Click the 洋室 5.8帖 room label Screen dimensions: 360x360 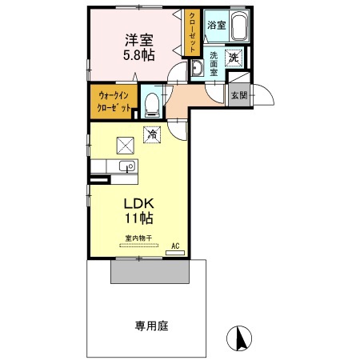139,47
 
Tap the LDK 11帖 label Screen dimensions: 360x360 139,211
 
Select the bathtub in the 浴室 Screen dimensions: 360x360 239,26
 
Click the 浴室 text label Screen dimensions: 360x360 217,26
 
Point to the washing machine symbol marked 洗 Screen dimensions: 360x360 234,58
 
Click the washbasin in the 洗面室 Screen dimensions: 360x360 198,68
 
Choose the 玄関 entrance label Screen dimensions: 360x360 239,95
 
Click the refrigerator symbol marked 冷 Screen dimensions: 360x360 152,134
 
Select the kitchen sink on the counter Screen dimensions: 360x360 127,166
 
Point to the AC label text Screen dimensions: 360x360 175,246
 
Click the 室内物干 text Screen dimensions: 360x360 138,238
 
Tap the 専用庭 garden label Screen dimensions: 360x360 151,326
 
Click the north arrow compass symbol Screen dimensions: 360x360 239,338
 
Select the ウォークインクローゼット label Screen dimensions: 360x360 114,102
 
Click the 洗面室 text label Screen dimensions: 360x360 214,64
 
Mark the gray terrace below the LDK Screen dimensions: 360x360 150,271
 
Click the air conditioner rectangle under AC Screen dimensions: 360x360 175,253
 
